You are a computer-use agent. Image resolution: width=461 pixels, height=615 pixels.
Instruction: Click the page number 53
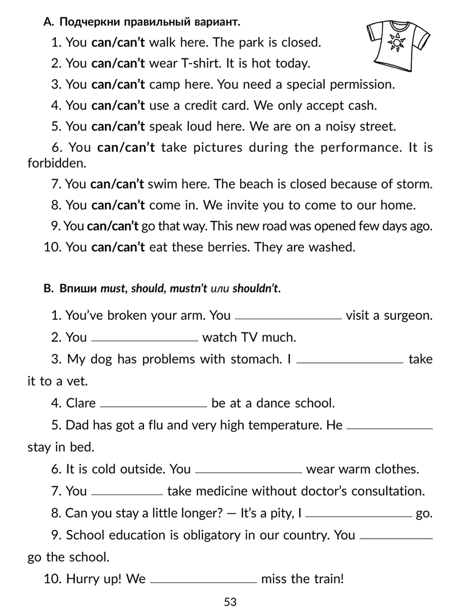tap(230, 602)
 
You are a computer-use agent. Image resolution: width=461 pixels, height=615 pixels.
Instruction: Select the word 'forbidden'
tap(57, 163)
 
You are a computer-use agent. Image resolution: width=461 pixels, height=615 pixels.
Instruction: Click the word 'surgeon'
tap(408, 316)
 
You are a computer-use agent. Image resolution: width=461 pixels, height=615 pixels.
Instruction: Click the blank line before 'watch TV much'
tap(145, 340)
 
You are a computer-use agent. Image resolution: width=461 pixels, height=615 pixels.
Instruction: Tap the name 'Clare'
tap(81, 403)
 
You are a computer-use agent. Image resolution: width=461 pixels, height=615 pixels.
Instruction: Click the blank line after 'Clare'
tap(154, 406)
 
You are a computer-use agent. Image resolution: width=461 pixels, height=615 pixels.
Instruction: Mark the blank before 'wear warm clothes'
tap(249, 472)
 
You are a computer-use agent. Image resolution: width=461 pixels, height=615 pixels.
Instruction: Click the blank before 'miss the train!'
tap(203, 582)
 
